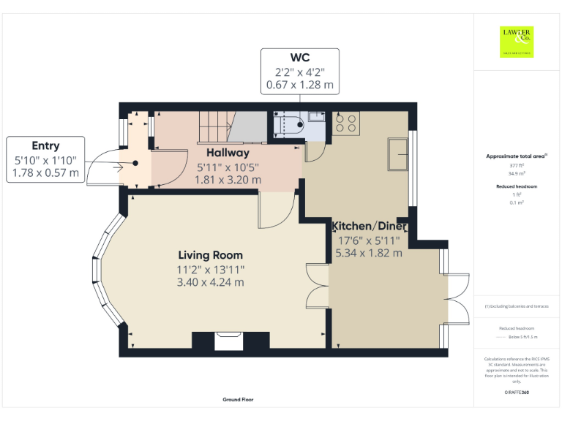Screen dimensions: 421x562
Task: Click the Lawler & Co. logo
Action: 516,42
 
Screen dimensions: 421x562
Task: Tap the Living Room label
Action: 211,255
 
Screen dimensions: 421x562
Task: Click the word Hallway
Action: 227,153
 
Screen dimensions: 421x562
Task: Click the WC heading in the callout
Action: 300,58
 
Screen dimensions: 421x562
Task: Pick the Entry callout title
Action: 45,145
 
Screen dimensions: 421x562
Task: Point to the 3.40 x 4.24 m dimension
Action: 211,282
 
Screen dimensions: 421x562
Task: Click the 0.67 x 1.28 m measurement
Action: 300,85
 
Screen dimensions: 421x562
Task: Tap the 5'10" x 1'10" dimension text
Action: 45,159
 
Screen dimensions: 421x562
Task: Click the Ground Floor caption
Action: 239,400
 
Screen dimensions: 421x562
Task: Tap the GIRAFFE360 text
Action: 517,392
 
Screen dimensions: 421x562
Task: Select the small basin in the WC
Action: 316,116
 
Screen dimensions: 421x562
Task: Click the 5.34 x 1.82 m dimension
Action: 369,253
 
